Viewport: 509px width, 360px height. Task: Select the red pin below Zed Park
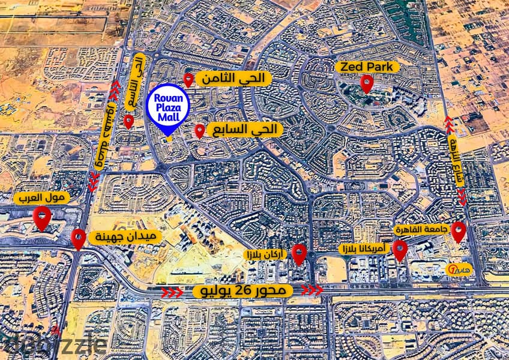[367, 84]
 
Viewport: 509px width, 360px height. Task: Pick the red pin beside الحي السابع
[200, 131]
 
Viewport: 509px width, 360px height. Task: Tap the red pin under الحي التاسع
[128, 122]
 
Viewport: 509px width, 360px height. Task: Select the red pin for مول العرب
[41, 218]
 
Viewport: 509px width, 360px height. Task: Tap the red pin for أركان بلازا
[299, 254]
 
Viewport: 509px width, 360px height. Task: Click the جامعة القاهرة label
[420, 230]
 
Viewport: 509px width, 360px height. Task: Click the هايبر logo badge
[462, 266]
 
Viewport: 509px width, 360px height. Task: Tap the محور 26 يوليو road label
[243, 291]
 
